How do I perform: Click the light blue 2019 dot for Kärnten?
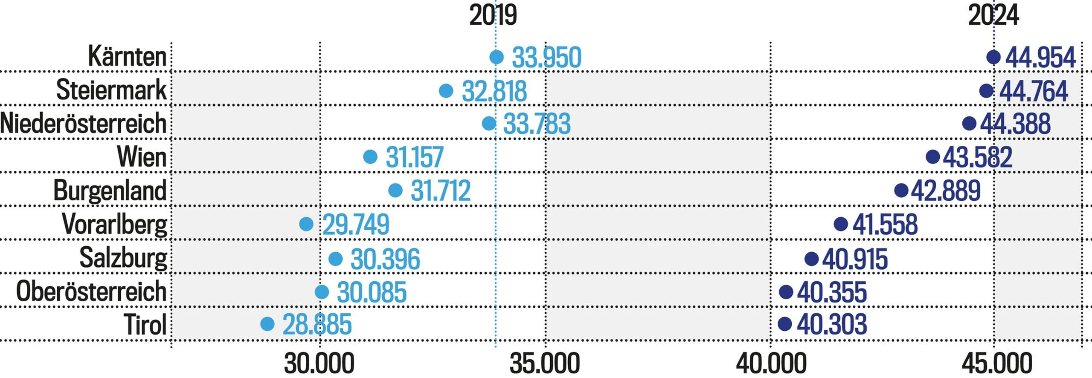(496, 57)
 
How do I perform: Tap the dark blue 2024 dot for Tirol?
(785, 324)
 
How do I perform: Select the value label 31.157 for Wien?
(415, 157)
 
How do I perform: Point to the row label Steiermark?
(111, 90)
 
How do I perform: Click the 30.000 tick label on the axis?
(319, 364)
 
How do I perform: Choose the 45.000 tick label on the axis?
(996, 364)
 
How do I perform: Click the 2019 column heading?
(493, 15)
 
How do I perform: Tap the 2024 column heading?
(993, 15)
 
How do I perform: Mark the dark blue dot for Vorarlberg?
(841, 224)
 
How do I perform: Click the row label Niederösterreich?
(83, 124)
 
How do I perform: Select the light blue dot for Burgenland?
(395, 190)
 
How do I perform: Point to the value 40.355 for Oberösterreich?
(832, 292)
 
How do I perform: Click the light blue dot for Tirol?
(267, 324)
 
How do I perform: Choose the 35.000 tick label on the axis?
(545, 364)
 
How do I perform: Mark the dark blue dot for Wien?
(933, 156)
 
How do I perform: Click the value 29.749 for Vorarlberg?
(356, 225)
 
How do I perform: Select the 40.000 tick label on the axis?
(771, 364)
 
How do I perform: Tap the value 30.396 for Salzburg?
(385, 259)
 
